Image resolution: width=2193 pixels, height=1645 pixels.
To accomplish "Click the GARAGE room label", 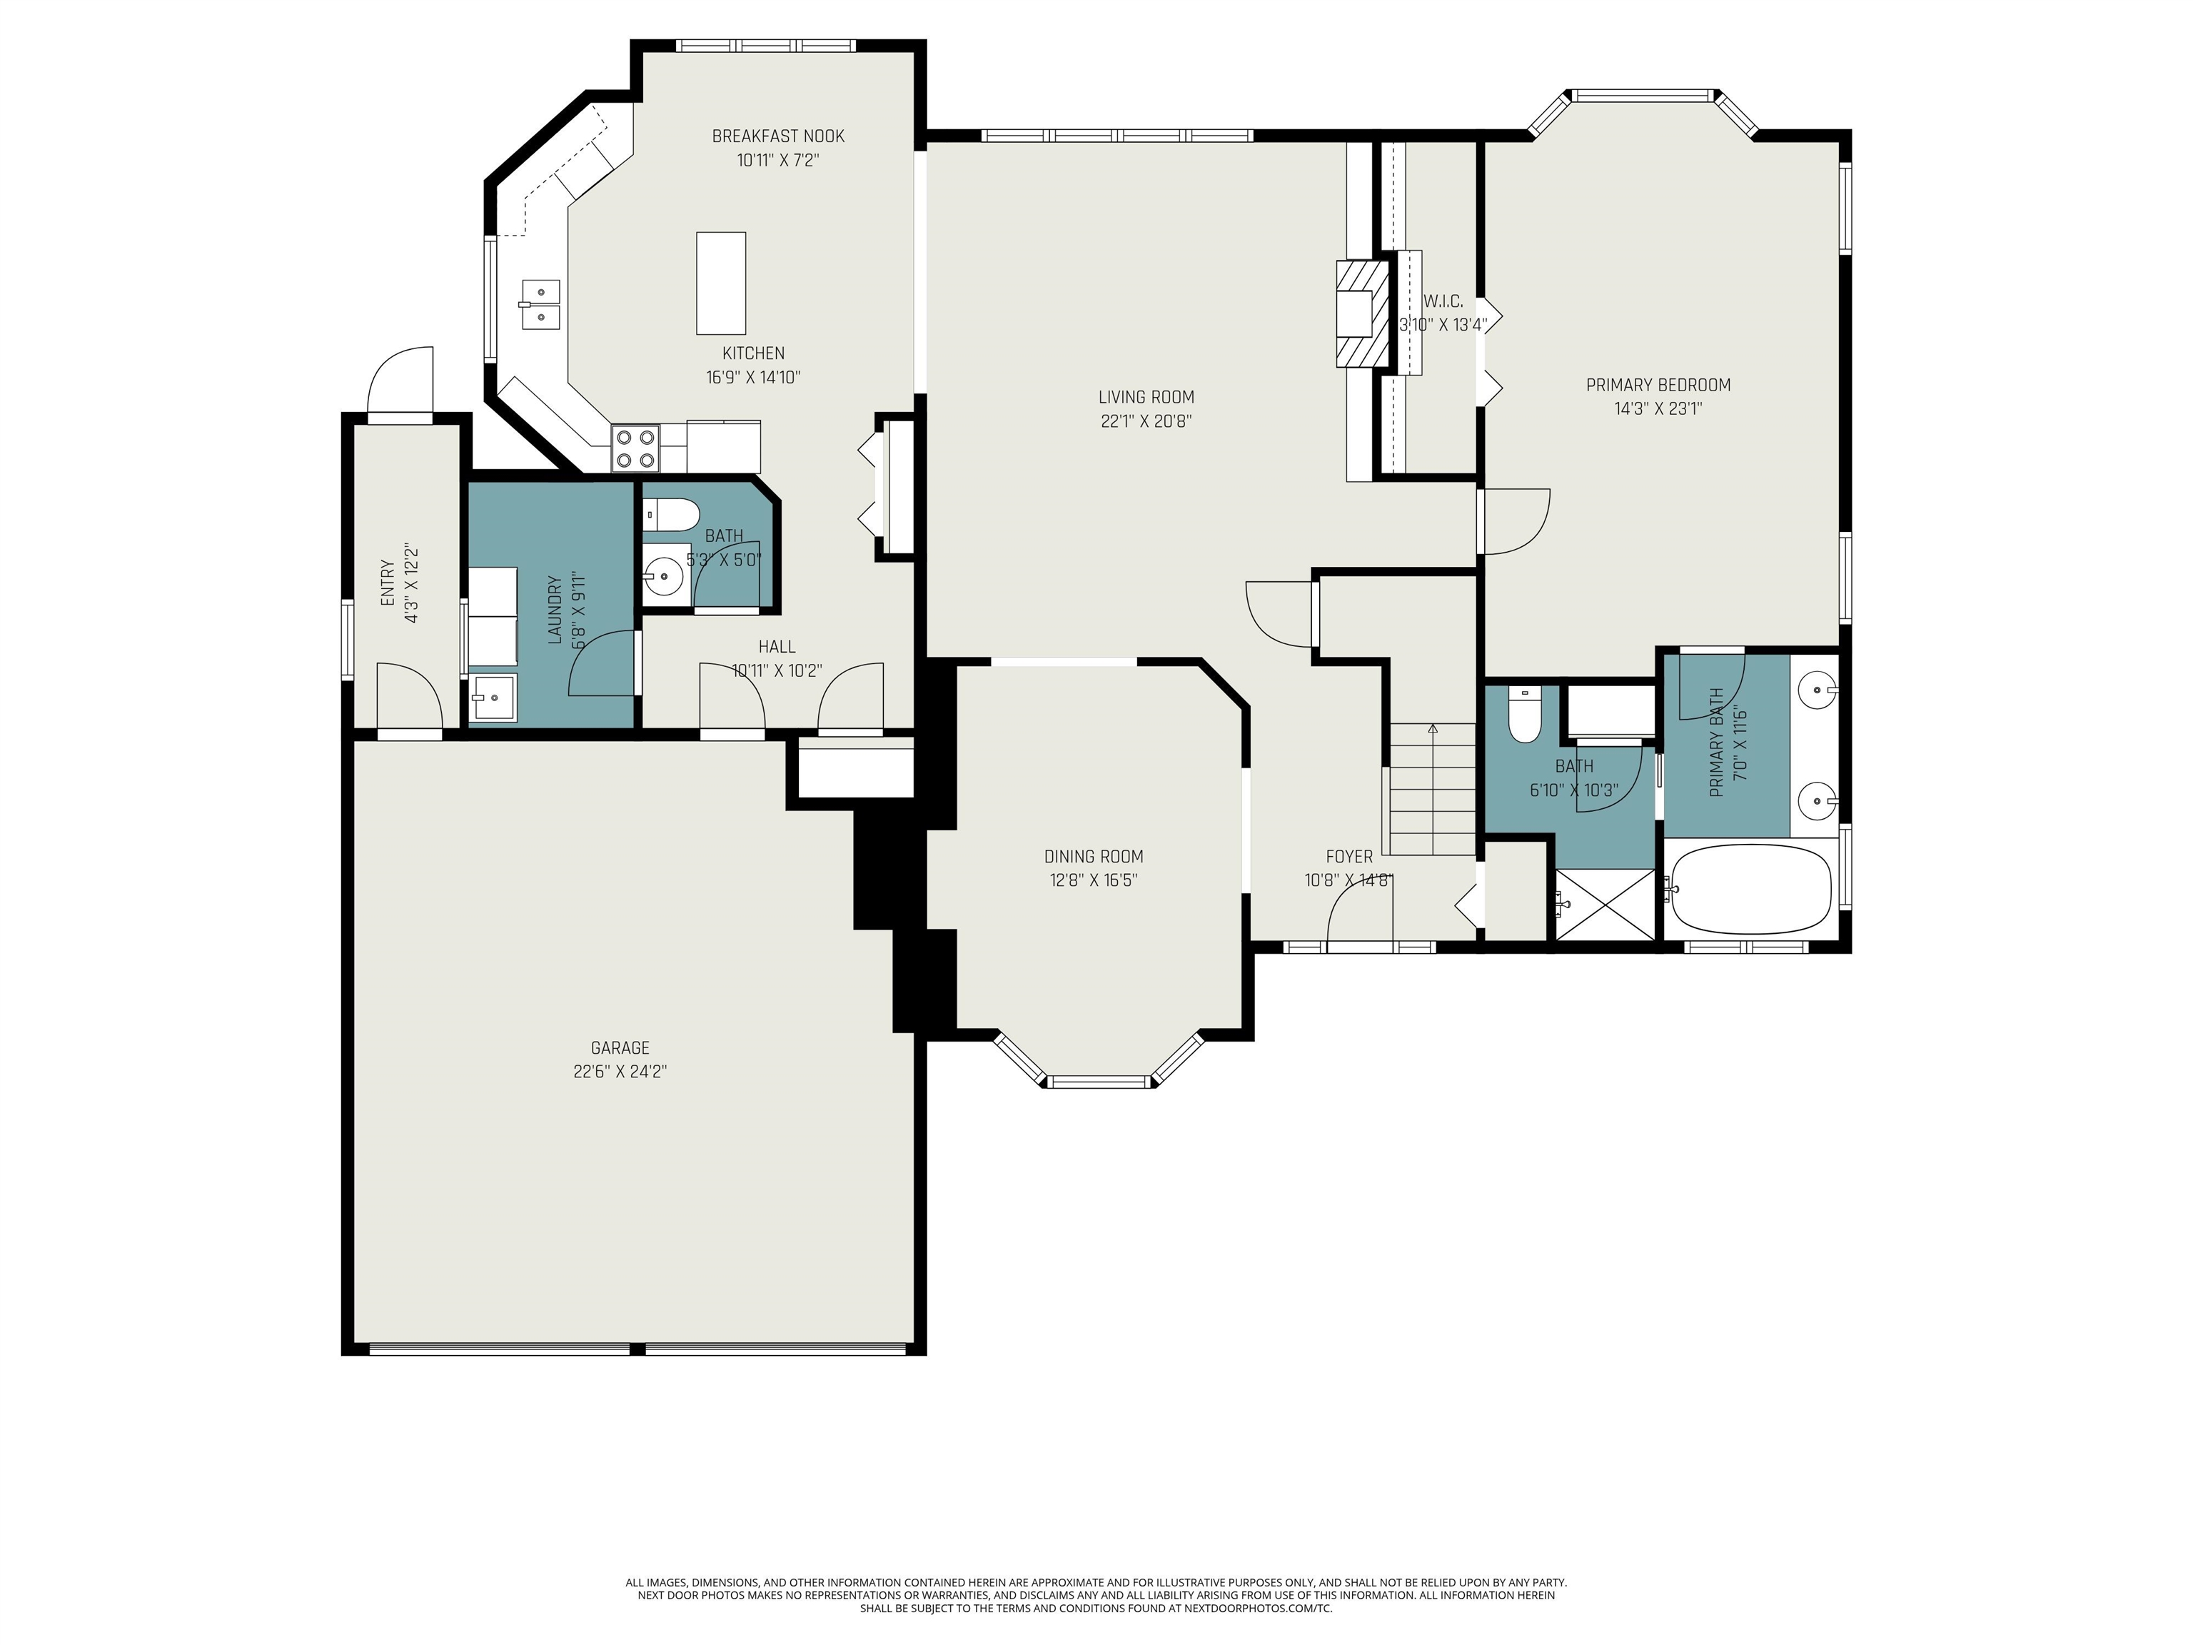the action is click(620, 1047).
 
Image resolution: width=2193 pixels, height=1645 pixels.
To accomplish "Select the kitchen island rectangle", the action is click(721, 283).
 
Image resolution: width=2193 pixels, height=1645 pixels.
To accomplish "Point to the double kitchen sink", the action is click(540, 303).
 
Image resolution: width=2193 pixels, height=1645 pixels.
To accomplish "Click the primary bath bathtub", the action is click(1749, 890).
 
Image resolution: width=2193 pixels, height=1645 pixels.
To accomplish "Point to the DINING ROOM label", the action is click(1094, 857).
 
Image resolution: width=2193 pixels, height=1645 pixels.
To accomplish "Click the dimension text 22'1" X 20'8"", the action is click(1146, 421).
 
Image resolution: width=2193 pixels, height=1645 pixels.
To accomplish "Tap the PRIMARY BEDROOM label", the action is click(1658, 385).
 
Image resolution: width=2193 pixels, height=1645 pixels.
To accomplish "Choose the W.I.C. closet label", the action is click(1443, 301).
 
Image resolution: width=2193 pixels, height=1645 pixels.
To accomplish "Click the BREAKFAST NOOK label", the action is click(778, 136).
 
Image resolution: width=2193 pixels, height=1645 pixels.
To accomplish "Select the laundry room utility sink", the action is click(493, 698).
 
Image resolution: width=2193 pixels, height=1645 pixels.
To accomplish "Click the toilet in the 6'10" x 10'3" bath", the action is click(1525, 715).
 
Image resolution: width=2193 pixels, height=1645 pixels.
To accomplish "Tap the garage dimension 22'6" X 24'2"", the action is click(620, 1072).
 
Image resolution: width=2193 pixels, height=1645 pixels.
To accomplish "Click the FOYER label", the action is click(1349, 857).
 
